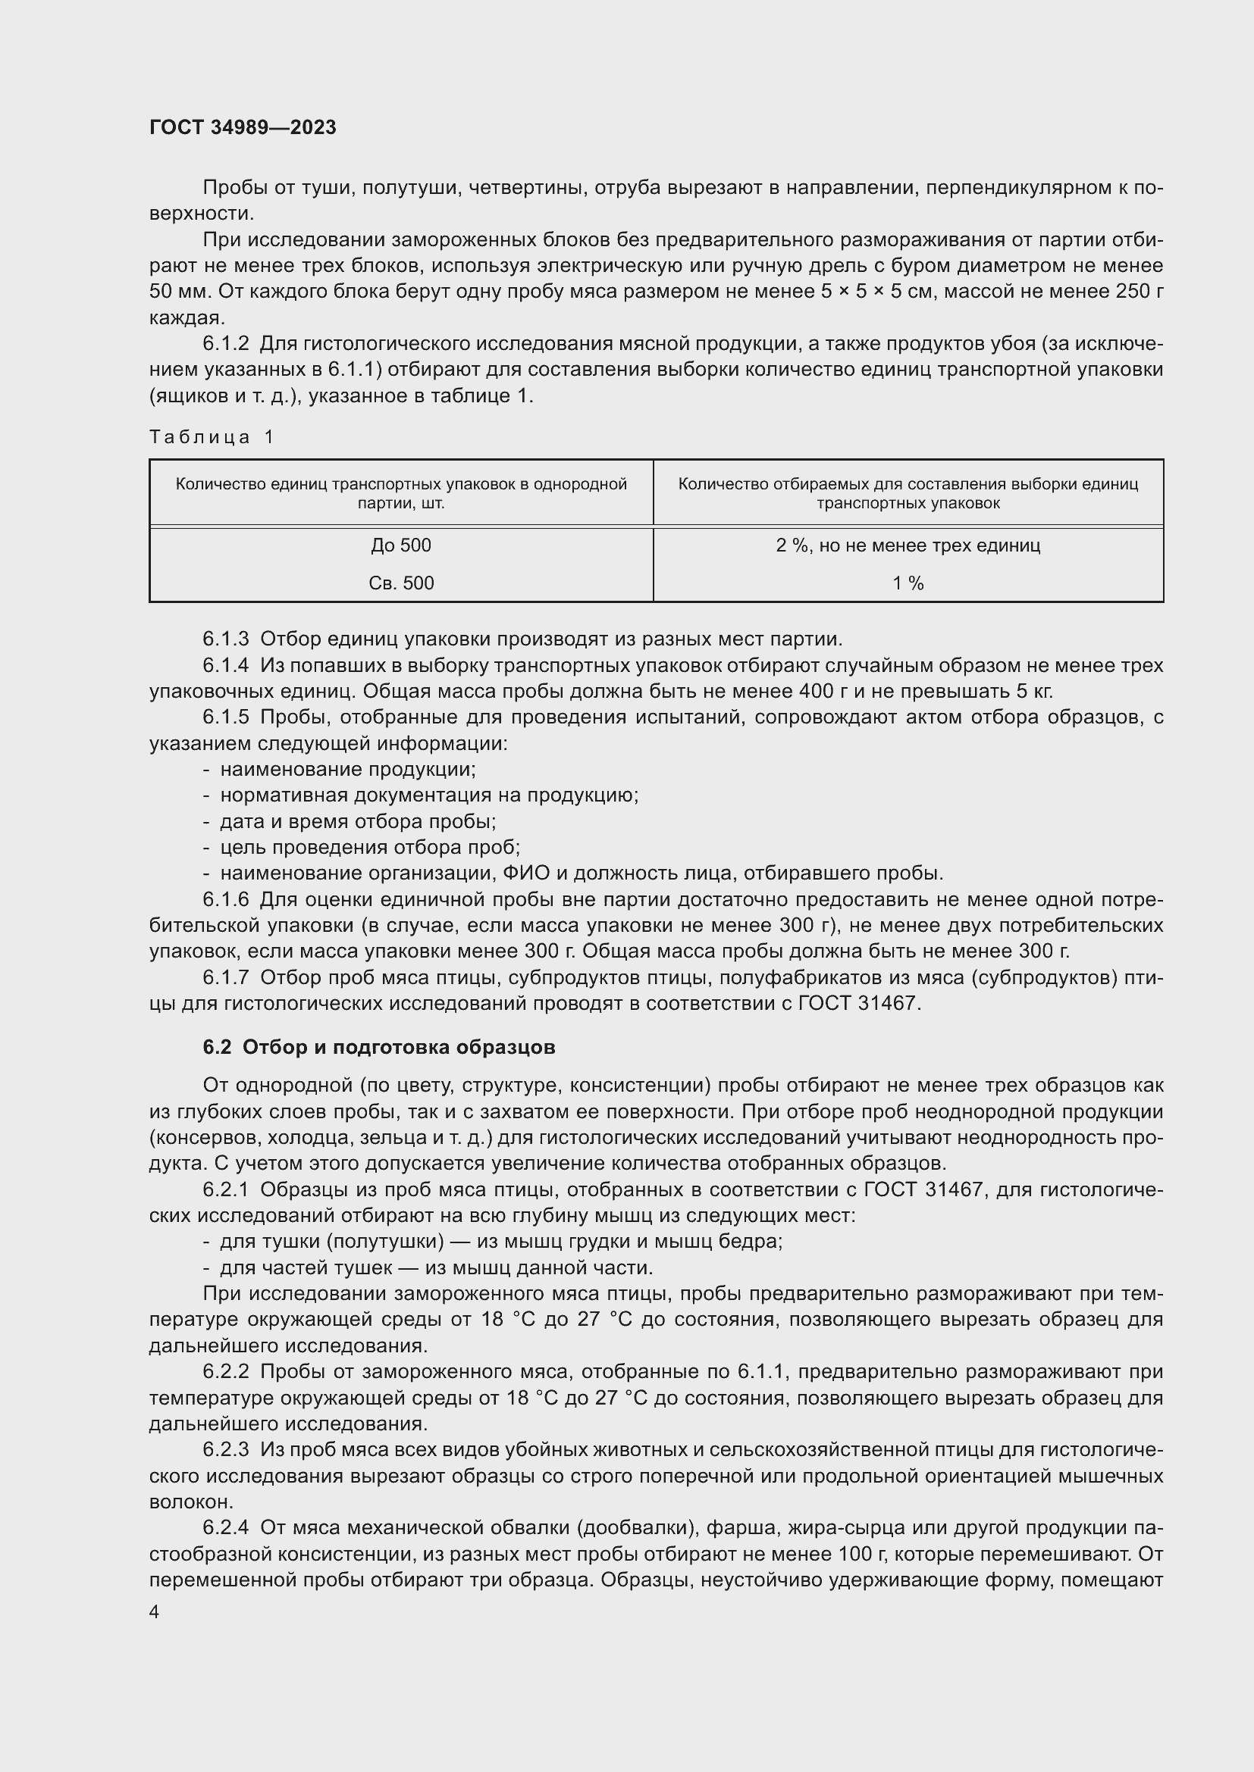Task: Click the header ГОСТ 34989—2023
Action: [x=243, y=127]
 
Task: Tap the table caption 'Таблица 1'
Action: [x=212, y=438]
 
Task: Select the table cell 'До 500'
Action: [x=401, y=545]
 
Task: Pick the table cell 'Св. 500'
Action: [x=401, y=583]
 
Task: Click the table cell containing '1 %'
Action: [x=908, y=583]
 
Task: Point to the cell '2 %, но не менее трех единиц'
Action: [x=908, y=545]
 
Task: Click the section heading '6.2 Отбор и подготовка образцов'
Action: [x=378, y=1047]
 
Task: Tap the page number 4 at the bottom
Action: [x=155, y=1612]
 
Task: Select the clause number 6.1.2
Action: [x=225, y=343]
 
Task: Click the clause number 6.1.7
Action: [x=225, y=978]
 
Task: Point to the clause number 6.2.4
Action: [x=225, y=1528]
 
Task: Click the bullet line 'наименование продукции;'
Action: [x=347, y=770]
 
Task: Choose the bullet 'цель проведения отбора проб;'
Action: [x=370, y=848]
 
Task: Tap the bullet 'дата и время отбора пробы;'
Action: [x=358, y=821]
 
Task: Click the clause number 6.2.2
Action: [x=225, y=1371]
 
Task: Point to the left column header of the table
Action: [x=401, y=493]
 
